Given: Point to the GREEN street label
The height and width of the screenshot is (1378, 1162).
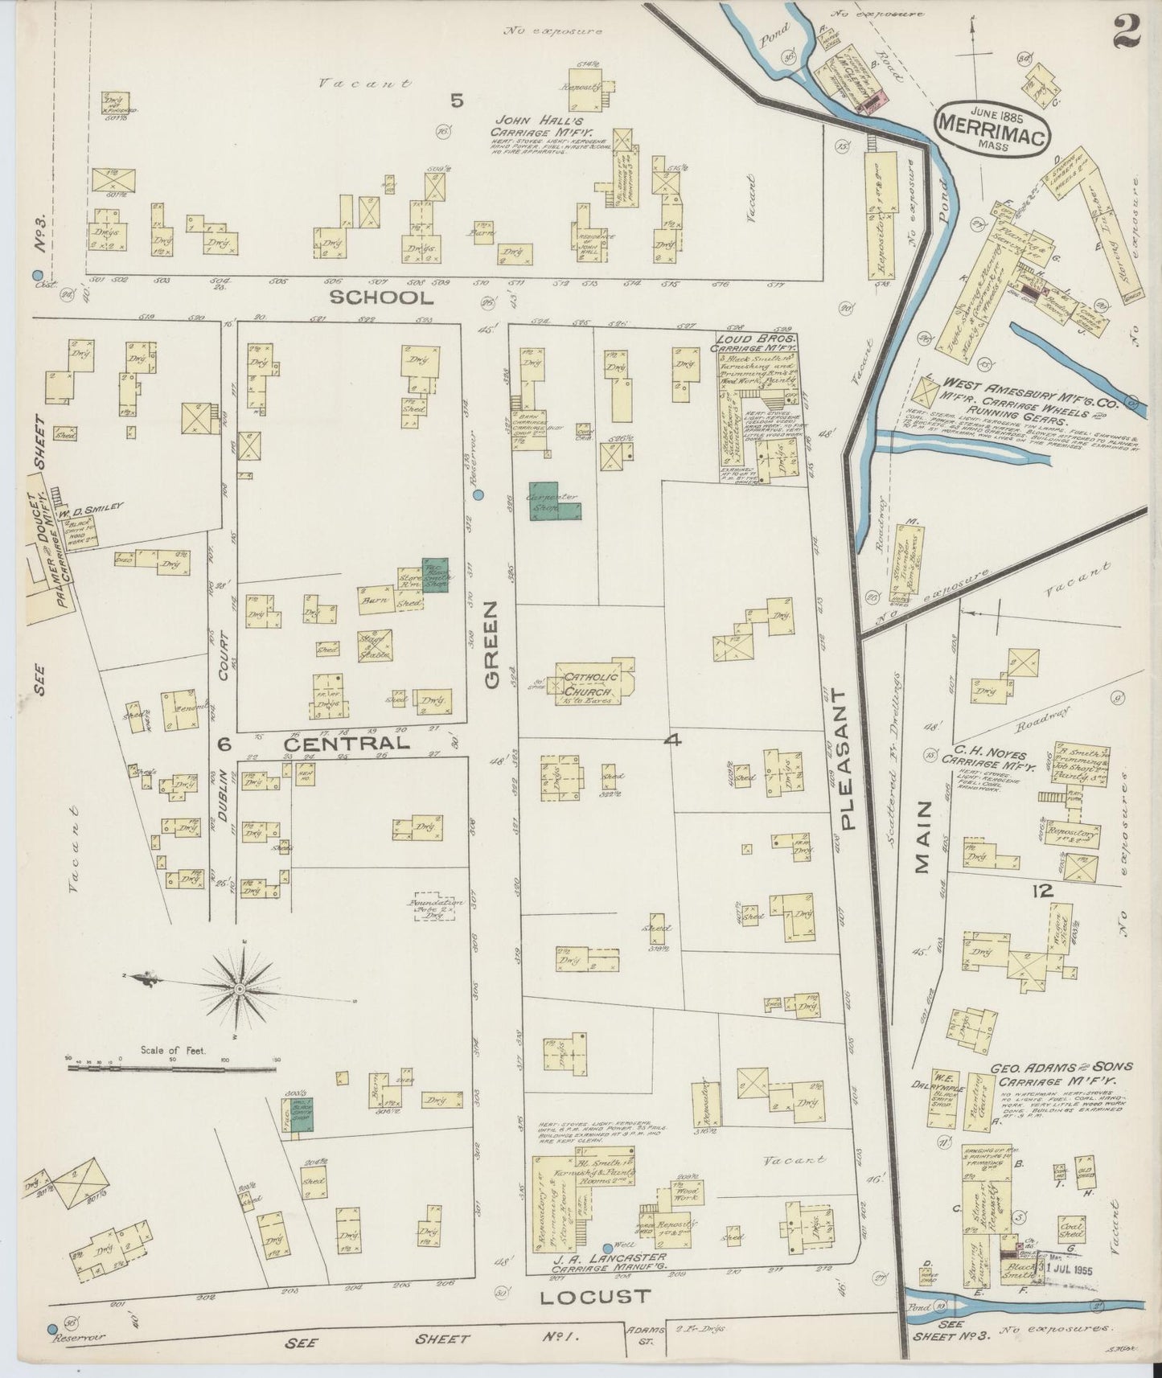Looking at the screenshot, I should coord(491,647).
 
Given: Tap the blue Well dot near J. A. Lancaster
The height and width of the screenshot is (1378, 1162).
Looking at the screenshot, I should coord(607,1269).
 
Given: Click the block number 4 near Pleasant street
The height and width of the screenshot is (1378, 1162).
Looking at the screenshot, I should coord(672,741).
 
